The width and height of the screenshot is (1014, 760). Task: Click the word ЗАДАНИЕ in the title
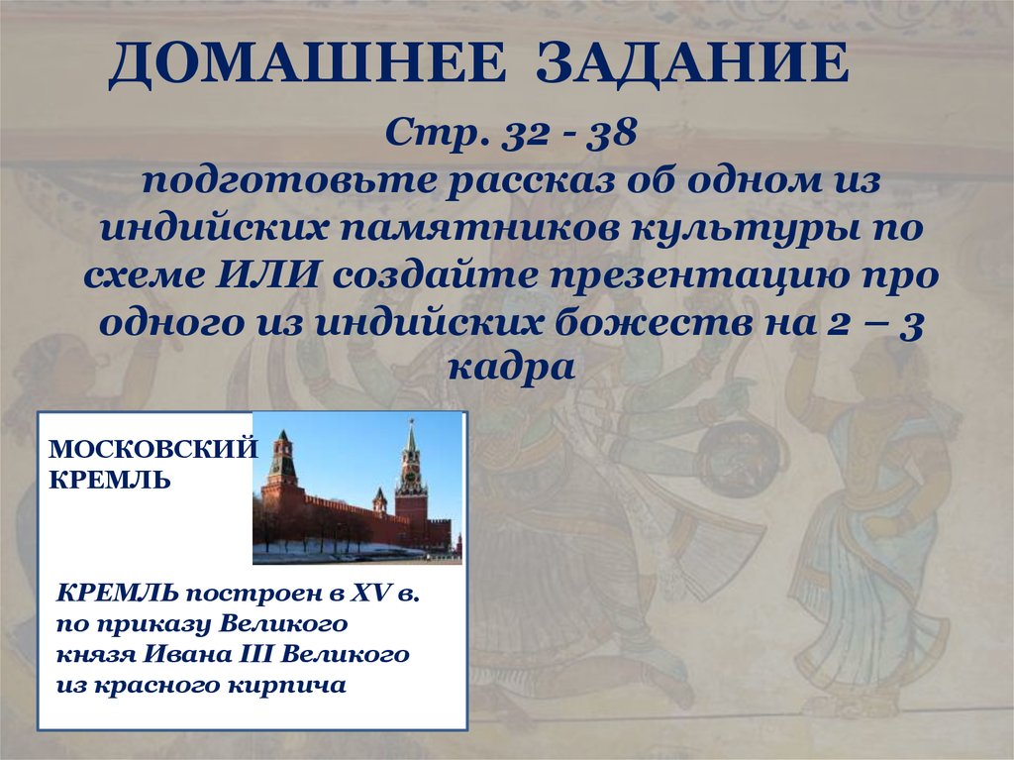tap(692, 65)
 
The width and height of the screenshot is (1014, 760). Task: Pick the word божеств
tap(650, 321)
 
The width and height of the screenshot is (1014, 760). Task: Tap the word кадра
tap(511, 368)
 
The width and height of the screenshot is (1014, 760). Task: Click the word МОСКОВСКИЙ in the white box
tap(152, 450)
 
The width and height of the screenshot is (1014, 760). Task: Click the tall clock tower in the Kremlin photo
tap(410, 476)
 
